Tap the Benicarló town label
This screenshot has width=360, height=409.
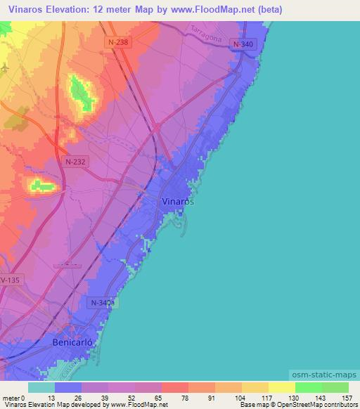click(x=73, y=343)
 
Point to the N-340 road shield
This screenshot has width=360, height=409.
click(x=243, y=44)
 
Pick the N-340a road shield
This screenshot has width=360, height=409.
click(x=102, y=303)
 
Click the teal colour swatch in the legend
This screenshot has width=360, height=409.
click(x=41, y=387)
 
